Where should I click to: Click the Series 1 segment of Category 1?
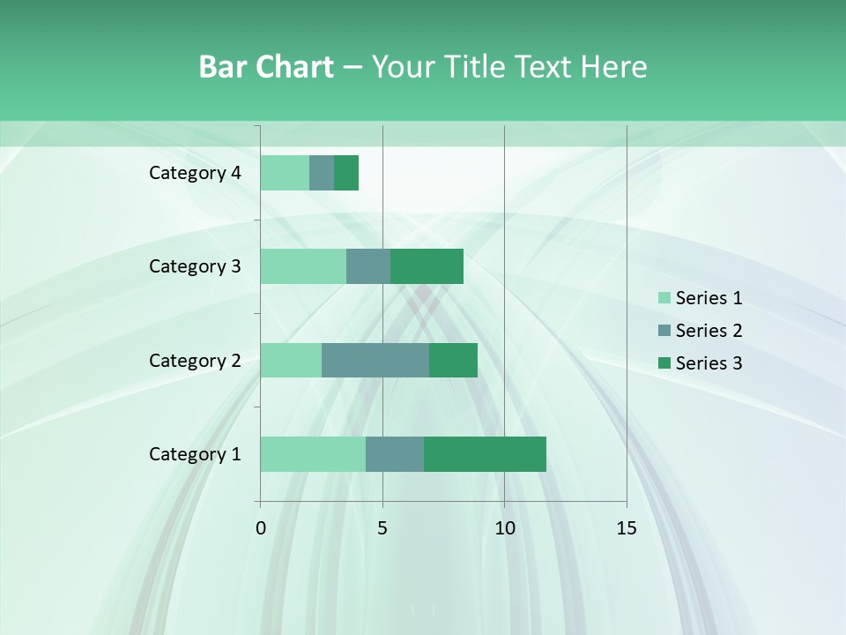[x=313, y=454]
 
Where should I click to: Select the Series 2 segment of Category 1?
[x=395, y=454]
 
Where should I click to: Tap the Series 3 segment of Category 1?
[x=485, y=454]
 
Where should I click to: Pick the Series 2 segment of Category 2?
[x=375, y=360]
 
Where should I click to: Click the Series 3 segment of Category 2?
[x=453, y=360]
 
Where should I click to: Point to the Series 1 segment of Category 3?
[x=303, y=266]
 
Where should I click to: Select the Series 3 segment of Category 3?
[x=427, y=266]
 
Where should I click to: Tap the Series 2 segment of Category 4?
[x=322, y=173]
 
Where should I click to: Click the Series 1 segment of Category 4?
[x=285, y=173]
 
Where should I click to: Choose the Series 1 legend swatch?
[x=664, y=298]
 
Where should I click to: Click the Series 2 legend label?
[x=709, y=331]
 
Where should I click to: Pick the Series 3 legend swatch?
[x=664, y=363]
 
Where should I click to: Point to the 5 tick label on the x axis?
[x=382, y=528]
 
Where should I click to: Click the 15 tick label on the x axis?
[x=626, y=528]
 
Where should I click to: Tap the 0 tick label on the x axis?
[x=261, y=528]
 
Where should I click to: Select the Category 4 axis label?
[x=195, y=173]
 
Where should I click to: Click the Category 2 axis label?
[x=195, y=360]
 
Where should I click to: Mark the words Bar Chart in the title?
[x=266, y=66]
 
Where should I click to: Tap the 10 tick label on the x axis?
[x=504, y=528]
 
